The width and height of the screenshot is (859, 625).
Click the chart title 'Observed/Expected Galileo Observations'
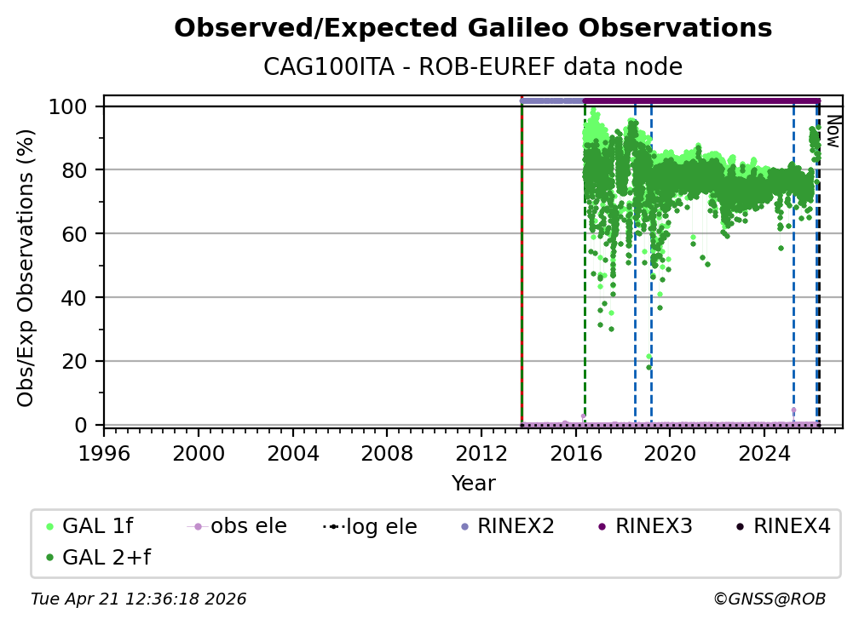click(473, 29)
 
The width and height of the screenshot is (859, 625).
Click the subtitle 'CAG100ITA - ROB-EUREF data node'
click(473, 66)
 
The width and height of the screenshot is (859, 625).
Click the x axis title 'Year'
click(473, 484)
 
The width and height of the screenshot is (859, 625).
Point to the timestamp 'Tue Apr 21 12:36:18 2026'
click(139, 599)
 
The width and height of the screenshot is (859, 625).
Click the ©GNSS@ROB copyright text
click(769, 599)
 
